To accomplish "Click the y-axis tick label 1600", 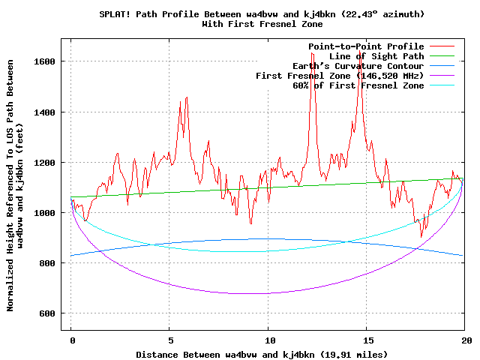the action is click(44, 61).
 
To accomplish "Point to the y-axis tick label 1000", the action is click(44, 213).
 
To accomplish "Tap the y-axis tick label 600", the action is click(47, 313).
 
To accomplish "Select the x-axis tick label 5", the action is click(170, 340).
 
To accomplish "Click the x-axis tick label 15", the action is click(368, 340).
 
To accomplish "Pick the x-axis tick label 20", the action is click(466, 340).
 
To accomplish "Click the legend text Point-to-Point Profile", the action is click(366, 46).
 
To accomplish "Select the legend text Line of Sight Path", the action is click(376, 56).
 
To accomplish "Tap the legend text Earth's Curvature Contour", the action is click(358, 66).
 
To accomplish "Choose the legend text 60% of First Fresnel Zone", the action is click(358, 85).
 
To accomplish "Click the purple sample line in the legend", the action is click(442, 75).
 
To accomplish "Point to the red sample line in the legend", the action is click(442, 46).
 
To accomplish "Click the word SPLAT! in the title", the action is click(115, 14).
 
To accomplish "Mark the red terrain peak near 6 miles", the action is click(187, 97).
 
